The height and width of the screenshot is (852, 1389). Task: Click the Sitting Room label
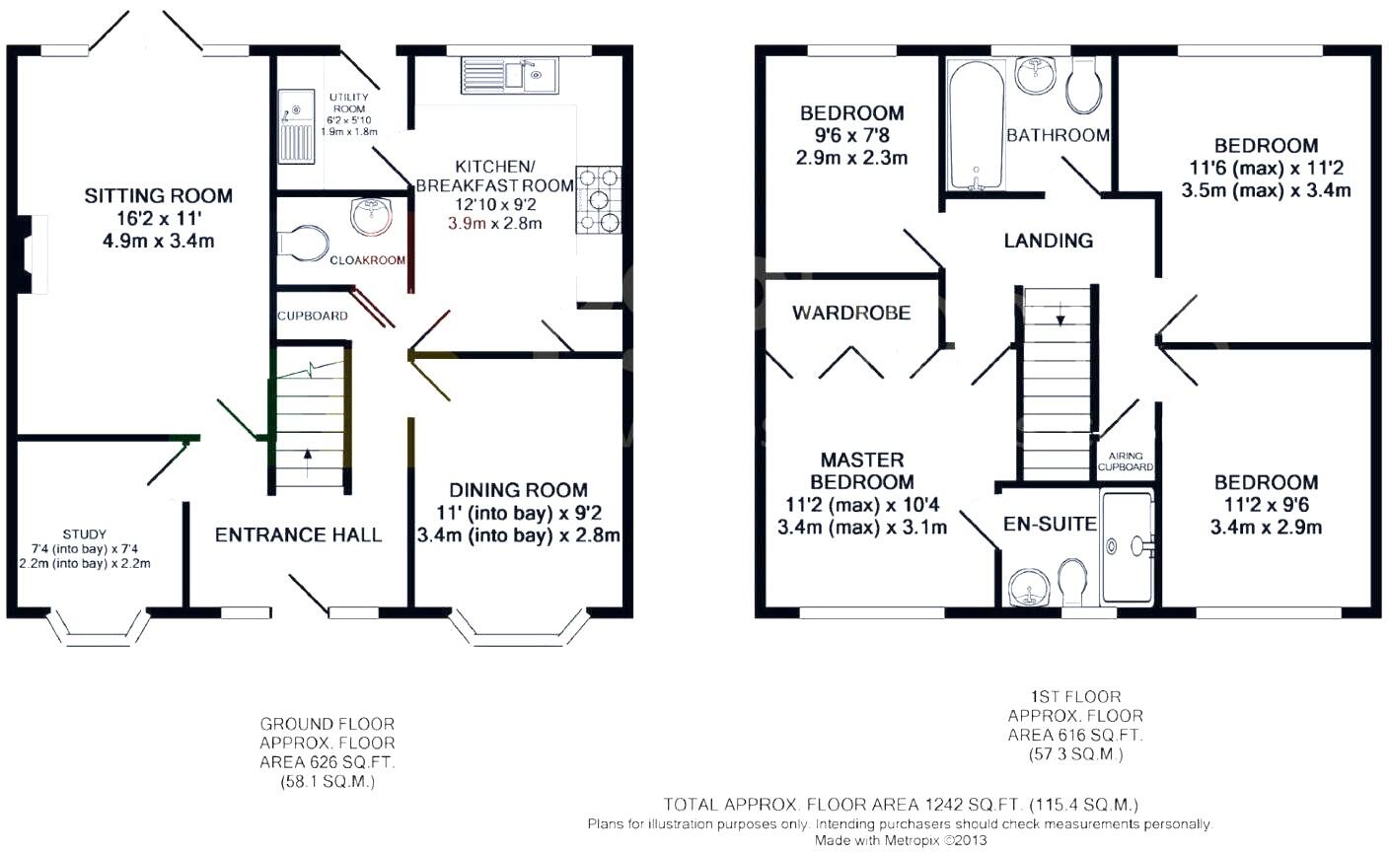pos(158,195)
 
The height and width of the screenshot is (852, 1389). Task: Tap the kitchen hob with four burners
pos(598,199)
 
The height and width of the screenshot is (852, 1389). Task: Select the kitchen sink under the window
pos(509,75)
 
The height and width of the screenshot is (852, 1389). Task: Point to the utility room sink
pos(295,126)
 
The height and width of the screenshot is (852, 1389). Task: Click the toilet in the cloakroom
pos(304,244)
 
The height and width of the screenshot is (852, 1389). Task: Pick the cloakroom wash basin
pos(371,214)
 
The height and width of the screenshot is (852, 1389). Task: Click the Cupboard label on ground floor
pos(312,316)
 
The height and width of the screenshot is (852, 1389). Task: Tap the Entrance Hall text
pos(298,534)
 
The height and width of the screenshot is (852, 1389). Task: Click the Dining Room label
pos(518,490)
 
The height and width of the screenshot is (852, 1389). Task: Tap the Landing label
pos(1048,240)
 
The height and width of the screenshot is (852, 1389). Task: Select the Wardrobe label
pos(850,313)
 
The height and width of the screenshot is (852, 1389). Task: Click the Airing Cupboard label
pos(1125,461)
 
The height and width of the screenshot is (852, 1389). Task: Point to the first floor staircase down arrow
pos(1060,319)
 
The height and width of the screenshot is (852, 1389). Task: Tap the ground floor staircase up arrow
pos(307,455)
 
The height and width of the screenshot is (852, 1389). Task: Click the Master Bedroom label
pos(862,470)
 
